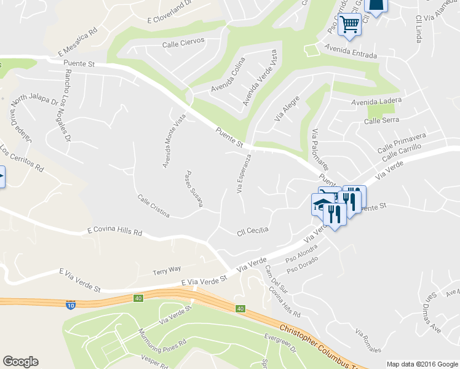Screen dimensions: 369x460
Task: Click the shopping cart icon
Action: (x=349, y=25)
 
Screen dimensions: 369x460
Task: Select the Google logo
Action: (x=20, y=362)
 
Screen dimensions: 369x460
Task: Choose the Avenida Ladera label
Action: (x=376, y=101)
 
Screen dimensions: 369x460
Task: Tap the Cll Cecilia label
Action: (x=253, y=232)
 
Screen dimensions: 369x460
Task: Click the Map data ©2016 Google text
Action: (x=422, y=364)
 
